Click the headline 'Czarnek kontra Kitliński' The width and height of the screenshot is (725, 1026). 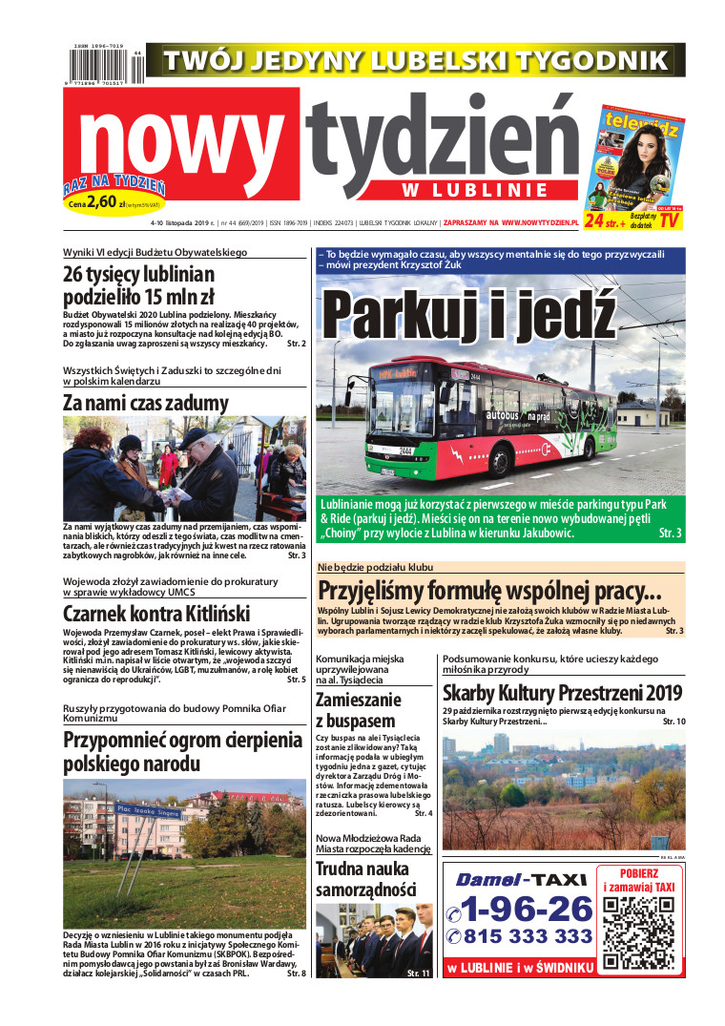coord(156,613)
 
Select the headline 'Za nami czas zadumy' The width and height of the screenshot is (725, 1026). coord(146,402)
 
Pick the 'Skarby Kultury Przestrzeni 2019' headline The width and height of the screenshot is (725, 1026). coord(563,693)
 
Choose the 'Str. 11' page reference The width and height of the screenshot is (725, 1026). coord(419,973)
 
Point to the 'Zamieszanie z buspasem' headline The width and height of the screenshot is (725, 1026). coord(358,710)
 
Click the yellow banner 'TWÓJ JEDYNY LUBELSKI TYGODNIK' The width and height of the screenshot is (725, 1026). coord(415,60)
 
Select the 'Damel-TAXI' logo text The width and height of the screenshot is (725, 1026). coord(520,879)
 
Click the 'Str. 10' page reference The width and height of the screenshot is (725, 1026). coord(673,722)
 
